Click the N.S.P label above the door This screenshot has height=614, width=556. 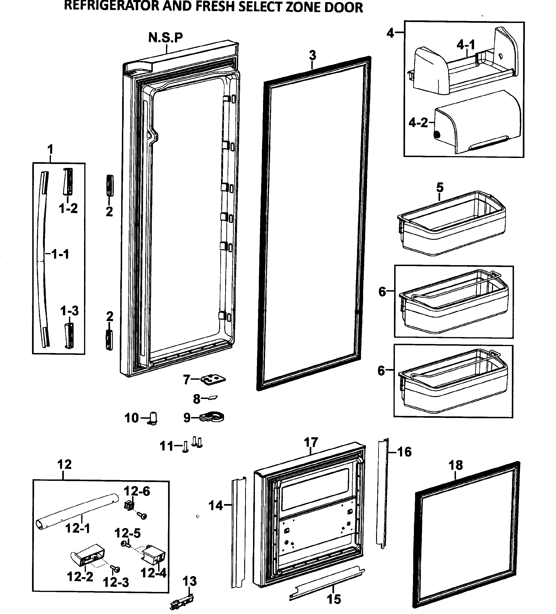[166, 37]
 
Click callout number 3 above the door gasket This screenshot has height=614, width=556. [312, 55]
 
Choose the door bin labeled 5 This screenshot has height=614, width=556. [451, 224]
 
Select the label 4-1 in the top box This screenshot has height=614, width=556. [465, 45]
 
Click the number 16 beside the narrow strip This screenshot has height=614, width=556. [404, 452]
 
